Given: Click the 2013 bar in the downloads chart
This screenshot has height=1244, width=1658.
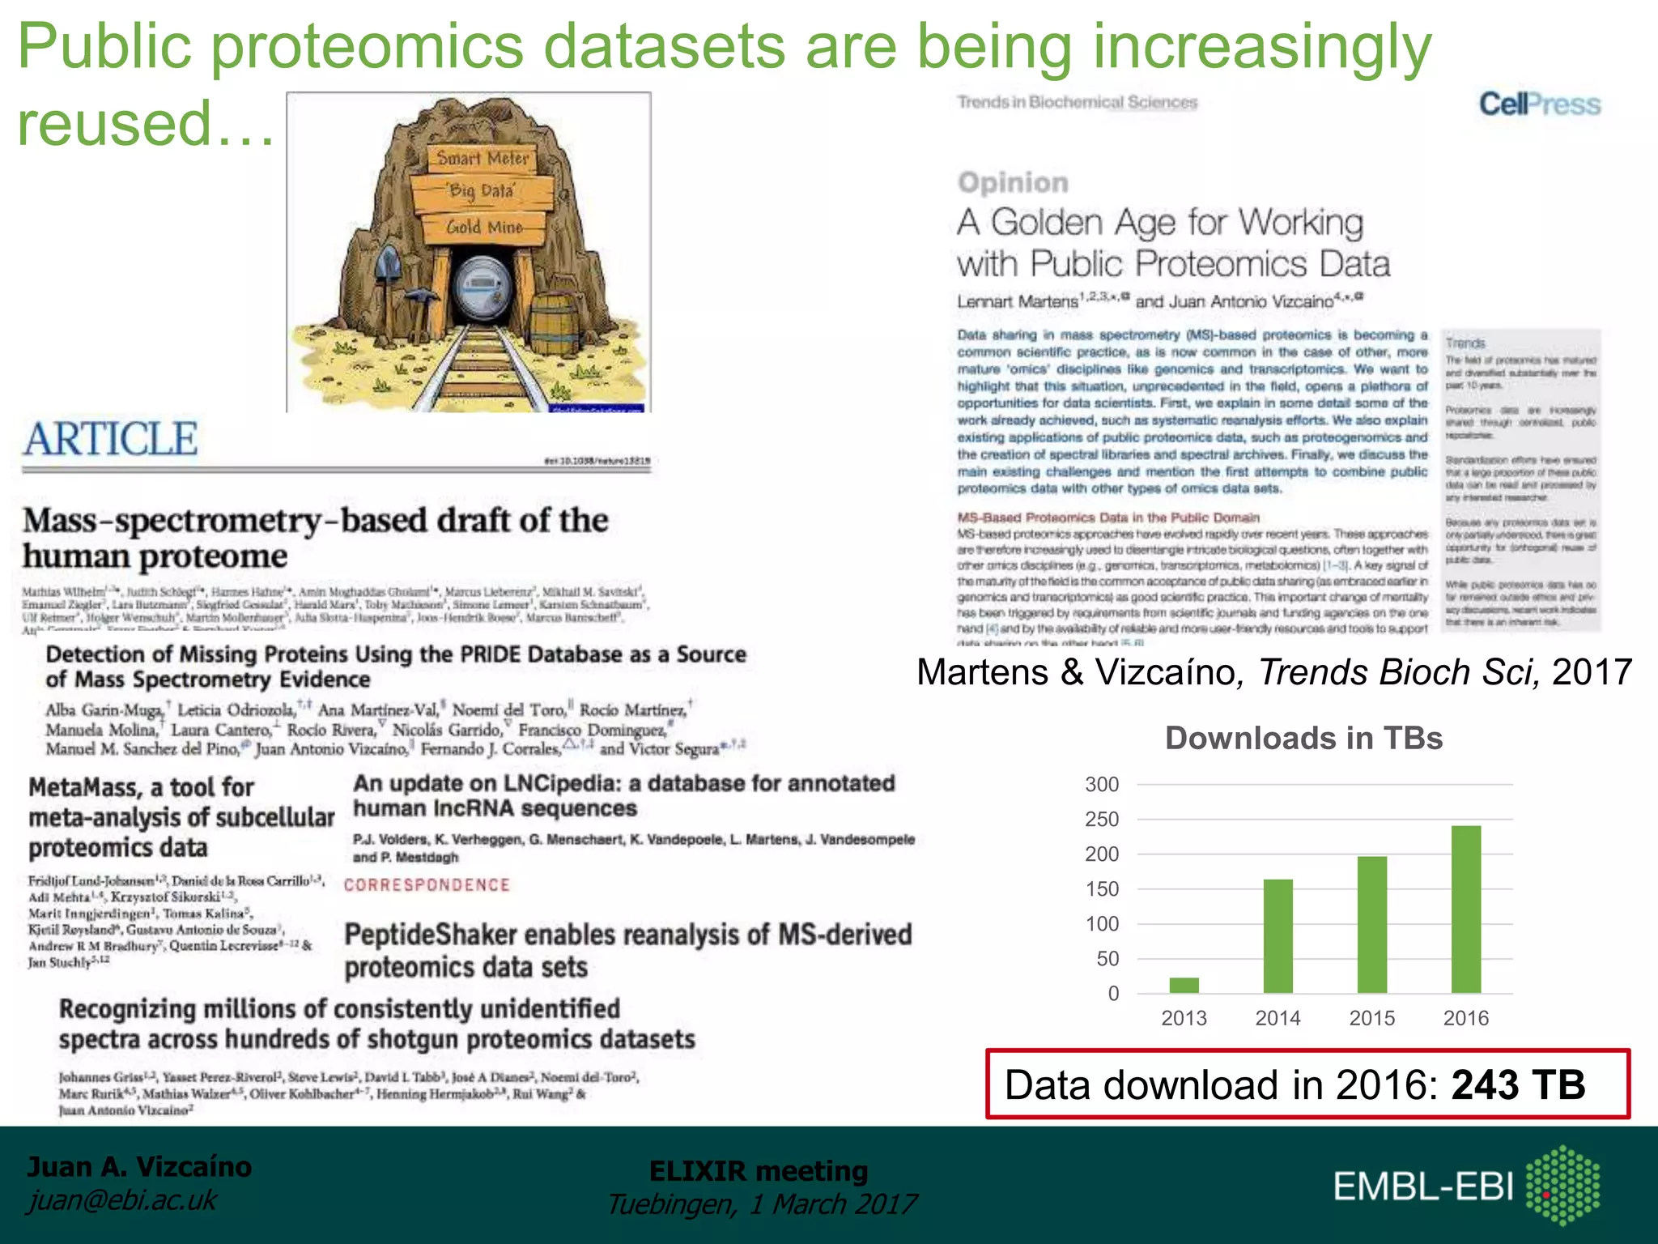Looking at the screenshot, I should coord(1184,985).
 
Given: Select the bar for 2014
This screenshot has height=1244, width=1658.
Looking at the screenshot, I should coord(1278,936).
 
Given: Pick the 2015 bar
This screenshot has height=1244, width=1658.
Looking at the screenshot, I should coord(1371,925).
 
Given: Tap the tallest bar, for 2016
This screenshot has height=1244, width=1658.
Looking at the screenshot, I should coord(1465,910).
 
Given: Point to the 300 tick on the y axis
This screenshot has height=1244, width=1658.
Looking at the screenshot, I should coord(1102,785).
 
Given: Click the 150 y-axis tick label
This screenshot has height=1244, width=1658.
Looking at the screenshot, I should coord(1102,889).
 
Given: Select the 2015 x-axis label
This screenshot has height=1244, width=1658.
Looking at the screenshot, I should coord(1371,1018).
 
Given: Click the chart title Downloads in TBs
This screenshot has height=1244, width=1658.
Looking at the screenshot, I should coord(1303,739).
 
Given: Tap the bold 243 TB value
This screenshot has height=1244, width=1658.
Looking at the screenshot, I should coord(1518,1085).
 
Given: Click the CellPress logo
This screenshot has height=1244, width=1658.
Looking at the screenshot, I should coord(1539,104).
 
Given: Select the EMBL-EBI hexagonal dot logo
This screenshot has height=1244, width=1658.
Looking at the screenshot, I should coord(1562,1185).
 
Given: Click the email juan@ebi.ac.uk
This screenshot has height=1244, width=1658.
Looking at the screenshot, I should coord(122,1200).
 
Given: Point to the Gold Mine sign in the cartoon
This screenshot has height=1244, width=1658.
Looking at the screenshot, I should coord(484,228).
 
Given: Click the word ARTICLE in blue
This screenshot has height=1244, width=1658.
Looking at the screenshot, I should coord(110,440).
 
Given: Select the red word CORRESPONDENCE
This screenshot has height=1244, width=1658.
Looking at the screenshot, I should coord(427,885).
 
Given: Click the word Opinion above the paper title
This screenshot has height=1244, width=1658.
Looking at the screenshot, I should coord(1013,183).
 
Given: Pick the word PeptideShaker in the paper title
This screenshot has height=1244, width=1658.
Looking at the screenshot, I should coord(430,935).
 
